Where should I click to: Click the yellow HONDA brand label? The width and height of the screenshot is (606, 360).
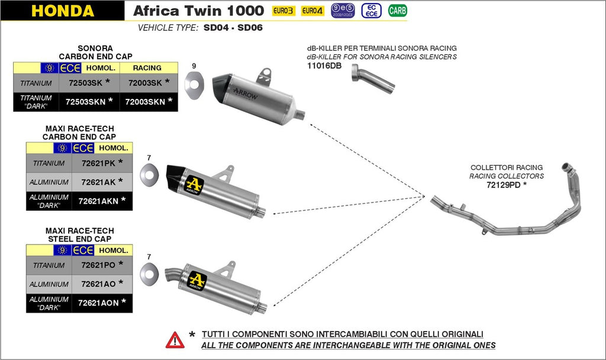(x=62, y=11)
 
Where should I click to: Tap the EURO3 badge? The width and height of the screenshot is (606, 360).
(x=283, y=11)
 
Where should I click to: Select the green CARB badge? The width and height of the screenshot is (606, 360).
(x=398, y=11)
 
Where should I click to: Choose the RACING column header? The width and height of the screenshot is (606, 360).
(x=147, y=68)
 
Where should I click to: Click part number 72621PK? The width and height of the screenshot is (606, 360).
(x=96, y=163)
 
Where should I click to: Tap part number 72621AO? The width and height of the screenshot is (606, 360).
(x=96, y=284)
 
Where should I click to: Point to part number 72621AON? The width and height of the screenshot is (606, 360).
(x=98, y=303)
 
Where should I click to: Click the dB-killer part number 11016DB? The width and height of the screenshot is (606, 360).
(x=324, y=66)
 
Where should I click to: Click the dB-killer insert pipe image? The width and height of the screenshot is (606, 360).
(x=373, y=79)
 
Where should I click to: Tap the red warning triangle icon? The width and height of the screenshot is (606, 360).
(x=175, y=339)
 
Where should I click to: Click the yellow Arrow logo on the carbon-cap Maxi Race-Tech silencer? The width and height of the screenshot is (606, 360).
(x=194, y=185)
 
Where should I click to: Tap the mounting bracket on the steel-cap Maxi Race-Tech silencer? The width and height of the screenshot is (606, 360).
(x=224, y=271)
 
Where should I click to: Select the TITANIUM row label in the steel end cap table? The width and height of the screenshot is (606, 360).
(x=49, y=265)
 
